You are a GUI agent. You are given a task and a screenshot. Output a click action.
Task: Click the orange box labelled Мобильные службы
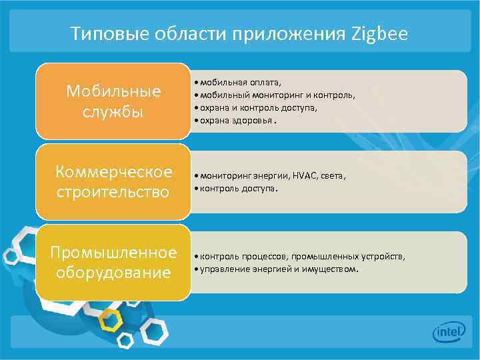113,101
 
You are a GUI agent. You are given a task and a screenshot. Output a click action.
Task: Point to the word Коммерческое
113,172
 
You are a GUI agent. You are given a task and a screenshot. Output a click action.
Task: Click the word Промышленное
113,253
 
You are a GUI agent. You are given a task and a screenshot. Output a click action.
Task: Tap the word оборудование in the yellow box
113,273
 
